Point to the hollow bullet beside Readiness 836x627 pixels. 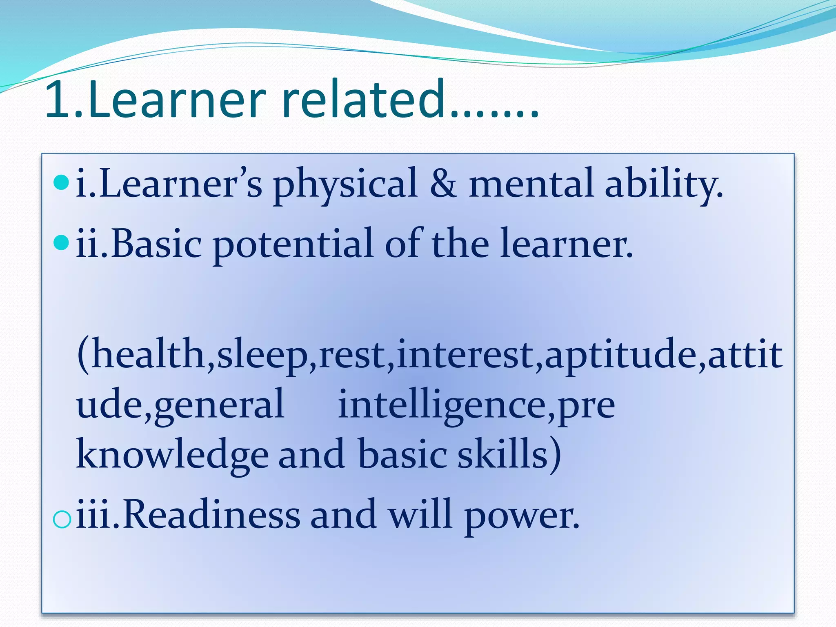[x=62, y=519]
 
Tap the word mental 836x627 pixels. [x=531, y=184]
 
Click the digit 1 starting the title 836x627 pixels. [x=59, y=100]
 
